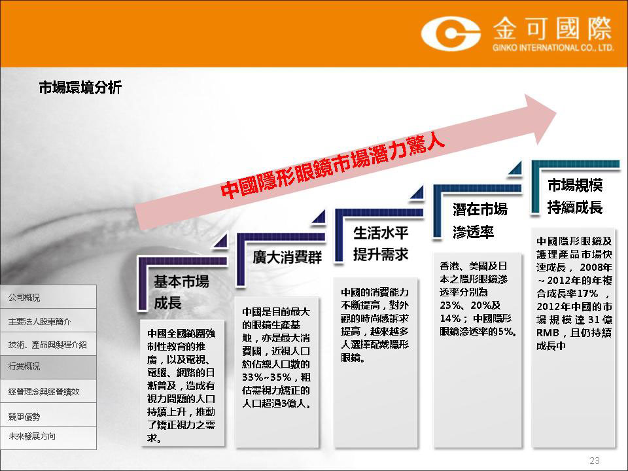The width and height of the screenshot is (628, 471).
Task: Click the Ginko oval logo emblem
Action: tap(451, 33)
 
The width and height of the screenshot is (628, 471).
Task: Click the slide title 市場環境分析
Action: tap(80, 87)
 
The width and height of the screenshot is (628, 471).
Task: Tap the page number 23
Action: tap(595, 460)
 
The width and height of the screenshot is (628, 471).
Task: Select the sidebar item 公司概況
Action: tap(24, 298)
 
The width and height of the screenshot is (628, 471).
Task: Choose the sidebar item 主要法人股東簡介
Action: tap(40, 321)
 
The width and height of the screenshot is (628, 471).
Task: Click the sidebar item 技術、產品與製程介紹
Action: tap(47, 345)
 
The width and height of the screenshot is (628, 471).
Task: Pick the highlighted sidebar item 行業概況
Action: tap(24, 366)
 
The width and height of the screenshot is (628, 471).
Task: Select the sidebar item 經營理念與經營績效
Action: tap(44, 391)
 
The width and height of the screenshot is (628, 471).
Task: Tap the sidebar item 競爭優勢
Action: tap(24, 417)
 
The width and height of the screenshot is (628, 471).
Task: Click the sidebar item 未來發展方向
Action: tap(31, 436)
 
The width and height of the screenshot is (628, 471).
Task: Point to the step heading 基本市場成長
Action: tap(181, 292)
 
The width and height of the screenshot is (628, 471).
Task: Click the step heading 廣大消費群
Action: tap(287, 257)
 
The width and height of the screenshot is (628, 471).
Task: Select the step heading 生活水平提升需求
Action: tap(381, 243)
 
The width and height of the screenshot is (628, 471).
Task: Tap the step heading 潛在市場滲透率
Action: tap(480, 220)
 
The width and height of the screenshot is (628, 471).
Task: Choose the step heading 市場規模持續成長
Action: tap(575, 196)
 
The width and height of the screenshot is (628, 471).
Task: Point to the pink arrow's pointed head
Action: tap(557, 112)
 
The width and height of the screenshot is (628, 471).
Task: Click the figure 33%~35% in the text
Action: tap(267, 377)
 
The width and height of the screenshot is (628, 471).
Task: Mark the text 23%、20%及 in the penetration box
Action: tap(470, 305)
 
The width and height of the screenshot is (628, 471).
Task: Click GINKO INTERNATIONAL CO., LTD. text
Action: tap(553, 48)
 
